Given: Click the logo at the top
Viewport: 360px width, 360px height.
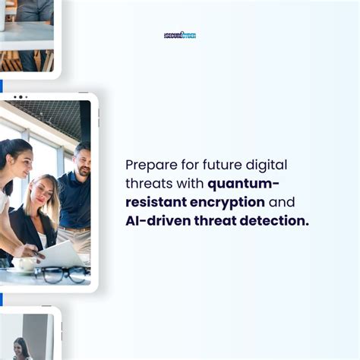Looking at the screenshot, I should pos(180,36).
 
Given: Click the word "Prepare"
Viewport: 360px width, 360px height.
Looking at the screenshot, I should pos(150,165).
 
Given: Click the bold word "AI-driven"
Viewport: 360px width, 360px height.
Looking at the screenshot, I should pos(155,221).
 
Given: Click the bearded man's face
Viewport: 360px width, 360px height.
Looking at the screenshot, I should pos(81,161).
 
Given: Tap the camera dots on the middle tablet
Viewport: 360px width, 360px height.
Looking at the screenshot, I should pos(20,97).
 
